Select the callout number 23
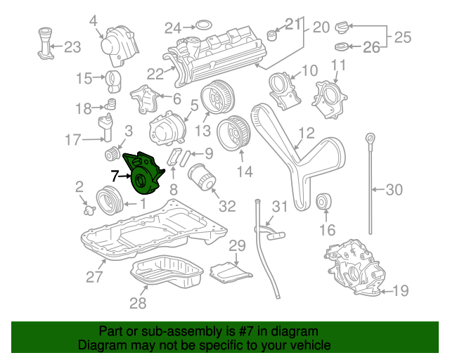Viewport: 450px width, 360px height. [72, 47]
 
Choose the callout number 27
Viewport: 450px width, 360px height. [95, 276]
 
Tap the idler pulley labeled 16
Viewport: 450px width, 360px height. [326, 202]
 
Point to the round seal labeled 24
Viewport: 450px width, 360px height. [202, 27]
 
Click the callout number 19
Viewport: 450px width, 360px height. [400, 290]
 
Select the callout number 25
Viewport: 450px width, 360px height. [402, 37]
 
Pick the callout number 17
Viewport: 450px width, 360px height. [73, 140]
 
